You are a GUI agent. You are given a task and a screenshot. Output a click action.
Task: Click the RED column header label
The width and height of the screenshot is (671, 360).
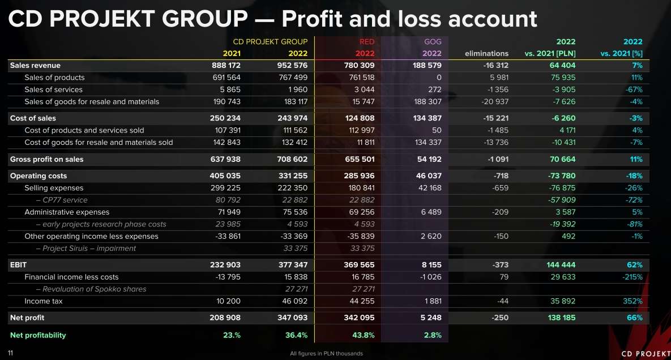[366, 41]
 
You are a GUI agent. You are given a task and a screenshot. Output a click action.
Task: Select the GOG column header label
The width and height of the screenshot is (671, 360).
[433, 41]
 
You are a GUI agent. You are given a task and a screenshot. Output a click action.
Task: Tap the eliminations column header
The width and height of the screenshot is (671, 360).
[486, 54]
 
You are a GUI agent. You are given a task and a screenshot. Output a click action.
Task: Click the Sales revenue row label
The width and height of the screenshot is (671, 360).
[35, 66]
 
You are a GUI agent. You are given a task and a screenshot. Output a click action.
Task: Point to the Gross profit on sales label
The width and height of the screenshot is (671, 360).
[46, 159]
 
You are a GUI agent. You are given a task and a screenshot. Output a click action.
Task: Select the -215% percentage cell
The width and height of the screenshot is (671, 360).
[632, 277]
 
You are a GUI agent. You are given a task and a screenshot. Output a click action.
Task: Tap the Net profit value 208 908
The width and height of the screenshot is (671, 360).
[225, 318]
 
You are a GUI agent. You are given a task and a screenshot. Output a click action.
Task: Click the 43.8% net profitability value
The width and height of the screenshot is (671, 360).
[363, 335]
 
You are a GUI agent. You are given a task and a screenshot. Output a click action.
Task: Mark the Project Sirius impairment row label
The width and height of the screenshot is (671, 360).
[86, 248]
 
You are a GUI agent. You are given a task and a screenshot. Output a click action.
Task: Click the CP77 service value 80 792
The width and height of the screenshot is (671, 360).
[228, 200]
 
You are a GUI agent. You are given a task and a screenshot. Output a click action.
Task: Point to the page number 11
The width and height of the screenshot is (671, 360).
[10, 353]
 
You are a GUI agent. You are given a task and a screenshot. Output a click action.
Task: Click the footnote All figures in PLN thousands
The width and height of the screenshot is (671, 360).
[326, 354]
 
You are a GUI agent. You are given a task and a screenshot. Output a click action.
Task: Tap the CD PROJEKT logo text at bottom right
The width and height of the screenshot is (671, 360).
[645, 353]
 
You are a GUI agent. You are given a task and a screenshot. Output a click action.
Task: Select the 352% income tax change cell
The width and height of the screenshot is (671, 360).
[633, 301]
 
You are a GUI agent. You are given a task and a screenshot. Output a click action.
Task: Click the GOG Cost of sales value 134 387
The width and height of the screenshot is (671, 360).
[428, 118]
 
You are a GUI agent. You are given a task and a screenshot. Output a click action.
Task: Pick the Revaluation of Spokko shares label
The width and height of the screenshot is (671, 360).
[91, 289]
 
